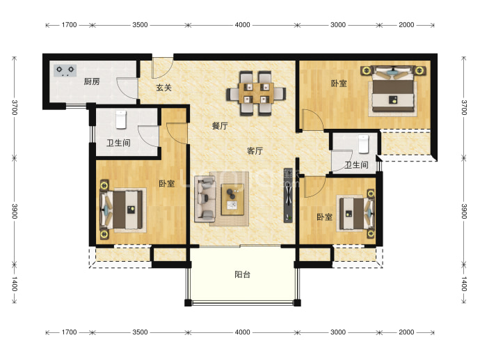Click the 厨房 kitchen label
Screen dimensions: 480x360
click(x=92, y=81)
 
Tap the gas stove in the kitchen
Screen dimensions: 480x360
click(x=65, y=70)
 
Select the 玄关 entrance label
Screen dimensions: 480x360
click(x=163, y=88)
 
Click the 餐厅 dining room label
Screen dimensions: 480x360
click(x=220, y=125)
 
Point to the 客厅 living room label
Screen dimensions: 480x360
click(x=255, y=150)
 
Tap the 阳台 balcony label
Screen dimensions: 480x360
click(x=243, y=274)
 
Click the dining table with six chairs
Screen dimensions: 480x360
click(x=256, y=93)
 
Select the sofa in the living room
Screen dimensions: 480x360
click(x=205, y=198)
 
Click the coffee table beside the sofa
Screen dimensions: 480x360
click(x=232, y=199)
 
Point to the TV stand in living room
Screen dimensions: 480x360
click(x=288, y=195)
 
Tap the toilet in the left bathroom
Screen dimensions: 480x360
click(x=121, y=120)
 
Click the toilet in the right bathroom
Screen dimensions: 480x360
click(x=363, y=143)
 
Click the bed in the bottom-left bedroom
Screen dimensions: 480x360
click(x=122, y=210)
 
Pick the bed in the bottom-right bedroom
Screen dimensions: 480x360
click(x=355, y=214)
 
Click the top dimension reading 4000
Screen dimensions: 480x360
click(x=243, y=25)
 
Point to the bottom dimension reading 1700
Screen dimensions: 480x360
click(x=69, y=332)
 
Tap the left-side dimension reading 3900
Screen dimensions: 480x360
click(x=15, y=212)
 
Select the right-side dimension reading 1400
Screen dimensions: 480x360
click(x=464, y=283)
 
